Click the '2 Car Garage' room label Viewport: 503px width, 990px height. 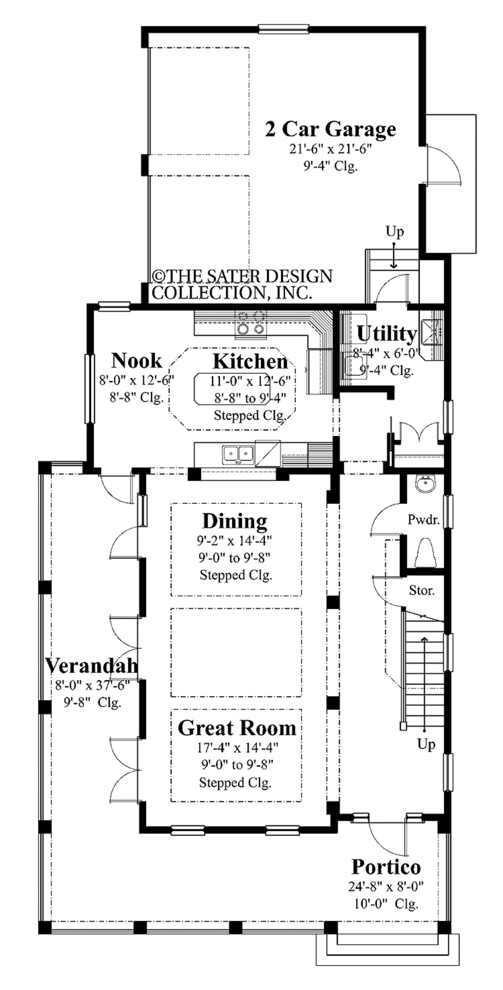(330, 129)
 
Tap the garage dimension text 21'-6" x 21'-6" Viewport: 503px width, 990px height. (330, 149)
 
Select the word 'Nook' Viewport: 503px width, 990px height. (136, 361)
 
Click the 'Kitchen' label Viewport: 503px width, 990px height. (250, 362)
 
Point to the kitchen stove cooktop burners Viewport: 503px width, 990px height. (251, 323)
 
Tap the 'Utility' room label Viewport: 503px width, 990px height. (387, 334)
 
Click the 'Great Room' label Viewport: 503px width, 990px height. (237, 728)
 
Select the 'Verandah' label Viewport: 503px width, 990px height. (91, 665)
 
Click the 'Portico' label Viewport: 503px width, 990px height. (386, 867)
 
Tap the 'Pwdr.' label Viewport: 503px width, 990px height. (423, 519)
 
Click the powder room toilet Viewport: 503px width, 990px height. (426, 553)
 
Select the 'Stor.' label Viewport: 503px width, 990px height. (422, 590)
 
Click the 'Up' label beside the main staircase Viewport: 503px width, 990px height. (426, 744)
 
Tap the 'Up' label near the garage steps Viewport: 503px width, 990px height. (394, 231)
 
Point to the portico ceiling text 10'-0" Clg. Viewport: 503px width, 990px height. (386, 904)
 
